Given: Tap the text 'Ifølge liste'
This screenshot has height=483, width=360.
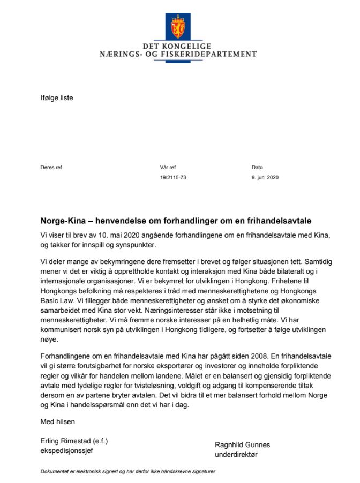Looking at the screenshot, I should (x=57, y=97).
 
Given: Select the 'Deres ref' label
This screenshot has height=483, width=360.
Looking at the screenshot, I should (x=51, y=168).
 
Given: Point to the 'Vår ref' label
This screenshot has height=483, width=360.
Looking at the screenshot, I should (x=168, y=168).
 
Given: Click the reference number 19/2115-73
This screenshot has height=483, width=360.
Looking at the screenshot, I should (x=173, y=177).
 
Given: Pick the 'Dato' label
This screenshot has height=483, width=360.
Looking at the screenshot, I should (x=257, y=168).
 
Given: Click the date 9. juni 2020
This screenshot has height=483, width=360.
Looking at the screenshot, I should (x=265, y=177).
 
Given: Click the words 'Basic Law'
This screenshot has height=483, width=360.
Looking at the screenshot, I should (x=56, y=302).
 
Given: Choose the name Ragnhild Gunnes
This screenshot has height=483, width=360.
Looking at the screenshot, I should (x=242, y=444).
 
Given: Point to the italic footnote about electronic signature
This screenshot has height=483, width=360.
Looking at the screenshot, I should (x=127, y=472).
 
